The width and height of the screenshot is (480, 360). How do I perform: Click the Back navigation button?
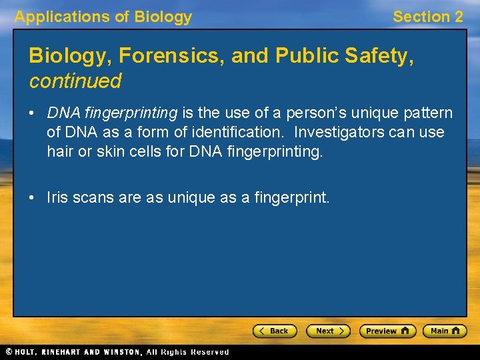(x=275, y=331)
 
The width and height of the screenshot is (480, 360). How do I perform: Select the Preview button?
(x=387, y=331)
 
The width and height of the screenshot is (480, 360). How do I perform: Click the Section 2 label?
(x=427, y=17)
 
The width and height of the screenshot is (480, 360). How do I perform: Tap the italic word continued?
(x=75, y=81)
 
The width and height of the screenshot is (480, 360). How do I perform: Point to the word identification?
(x=225, y=133)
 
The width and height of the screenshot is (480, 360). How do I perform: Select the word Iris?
(x=57, y=197)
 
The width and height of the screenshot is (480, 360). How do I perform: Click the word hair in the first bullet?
(x=59, y=151)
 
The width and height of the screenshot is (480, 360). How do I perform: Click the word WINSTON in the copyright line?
(x=120, y=352)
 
